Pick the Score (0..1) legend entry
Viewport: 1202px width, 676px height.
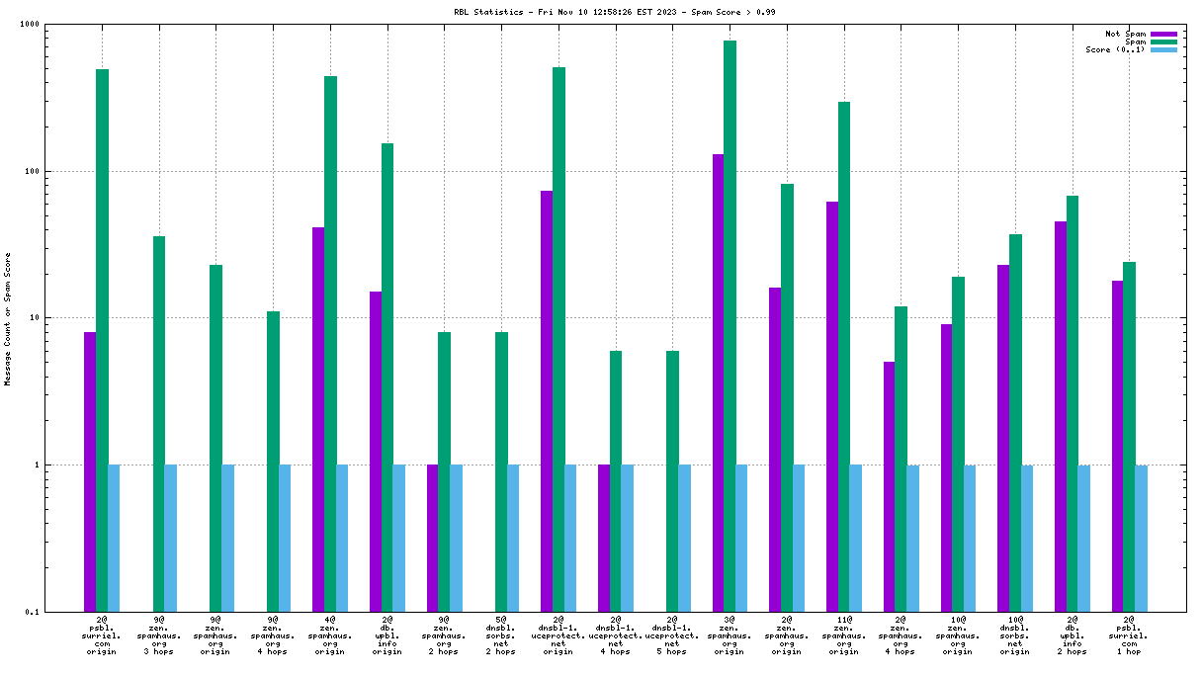click(x=1116, y=49)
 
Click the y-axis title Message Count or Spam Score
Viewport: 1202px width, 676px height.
click(x=8, y=318)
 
